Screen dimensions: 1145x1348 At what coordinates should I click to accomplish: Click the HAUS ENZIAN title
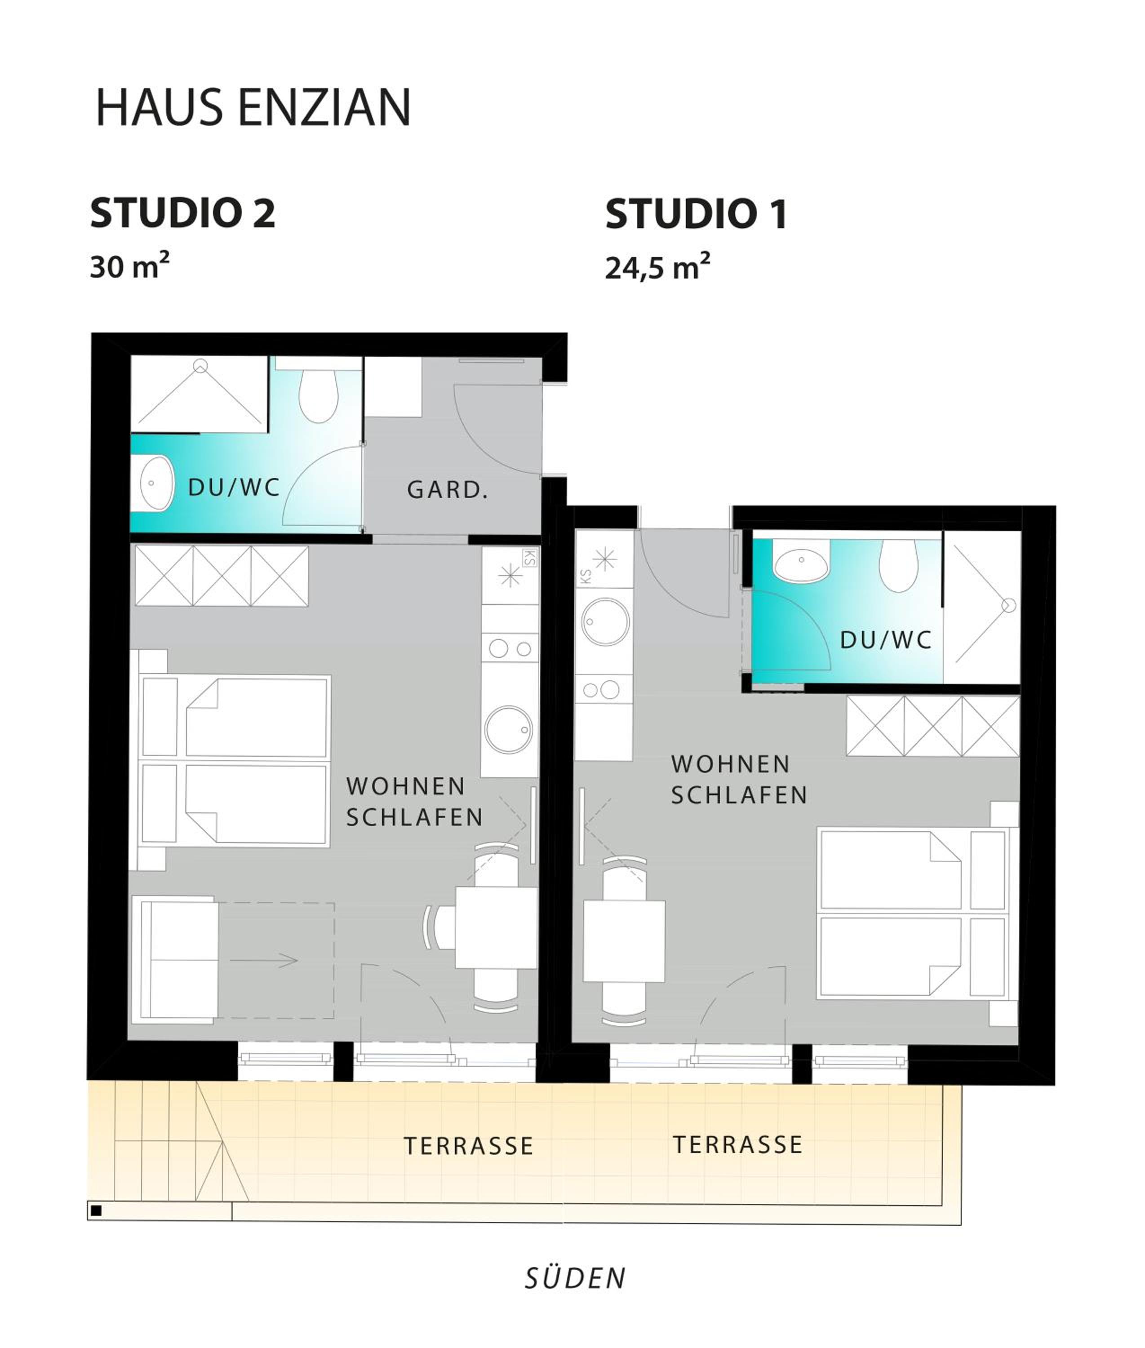pyautogui.click(x=253, y=106)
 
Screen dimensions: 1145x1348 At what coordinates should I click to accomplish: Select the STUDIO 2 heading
pyautogui.click(x=183, y=213)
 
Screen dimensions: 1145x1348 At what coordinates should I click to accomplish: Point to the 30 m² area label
pyautogui.click(x=130, y=266)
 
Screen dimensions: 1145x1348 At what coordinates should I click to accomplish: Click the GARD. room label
pyautogui.click(x=447, y=490)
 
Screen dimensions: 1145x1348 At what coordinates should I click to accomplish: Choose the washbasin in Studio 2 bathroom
pyautogui.click(x=156, y=483)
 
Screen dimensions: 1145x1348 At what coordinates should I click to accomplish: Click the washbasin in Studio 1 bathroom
pyautogui.click(x=802, y=561)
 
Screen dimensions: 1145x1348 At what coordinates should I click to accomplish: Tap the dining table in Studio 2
pyautogui.click(x=496, y=928)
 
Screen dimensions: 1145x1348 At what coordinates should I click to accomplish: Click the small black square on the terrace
pyautogui.click(x=96, y=1211)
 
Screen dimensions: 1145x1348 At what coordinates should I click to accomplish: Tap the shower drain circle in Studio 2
pyautogui.click(x=200, y=366)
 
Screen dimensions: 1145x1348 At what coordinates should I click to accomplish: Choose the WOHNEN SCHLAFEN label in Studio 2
pyautogui.click(x=414, y=802)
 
